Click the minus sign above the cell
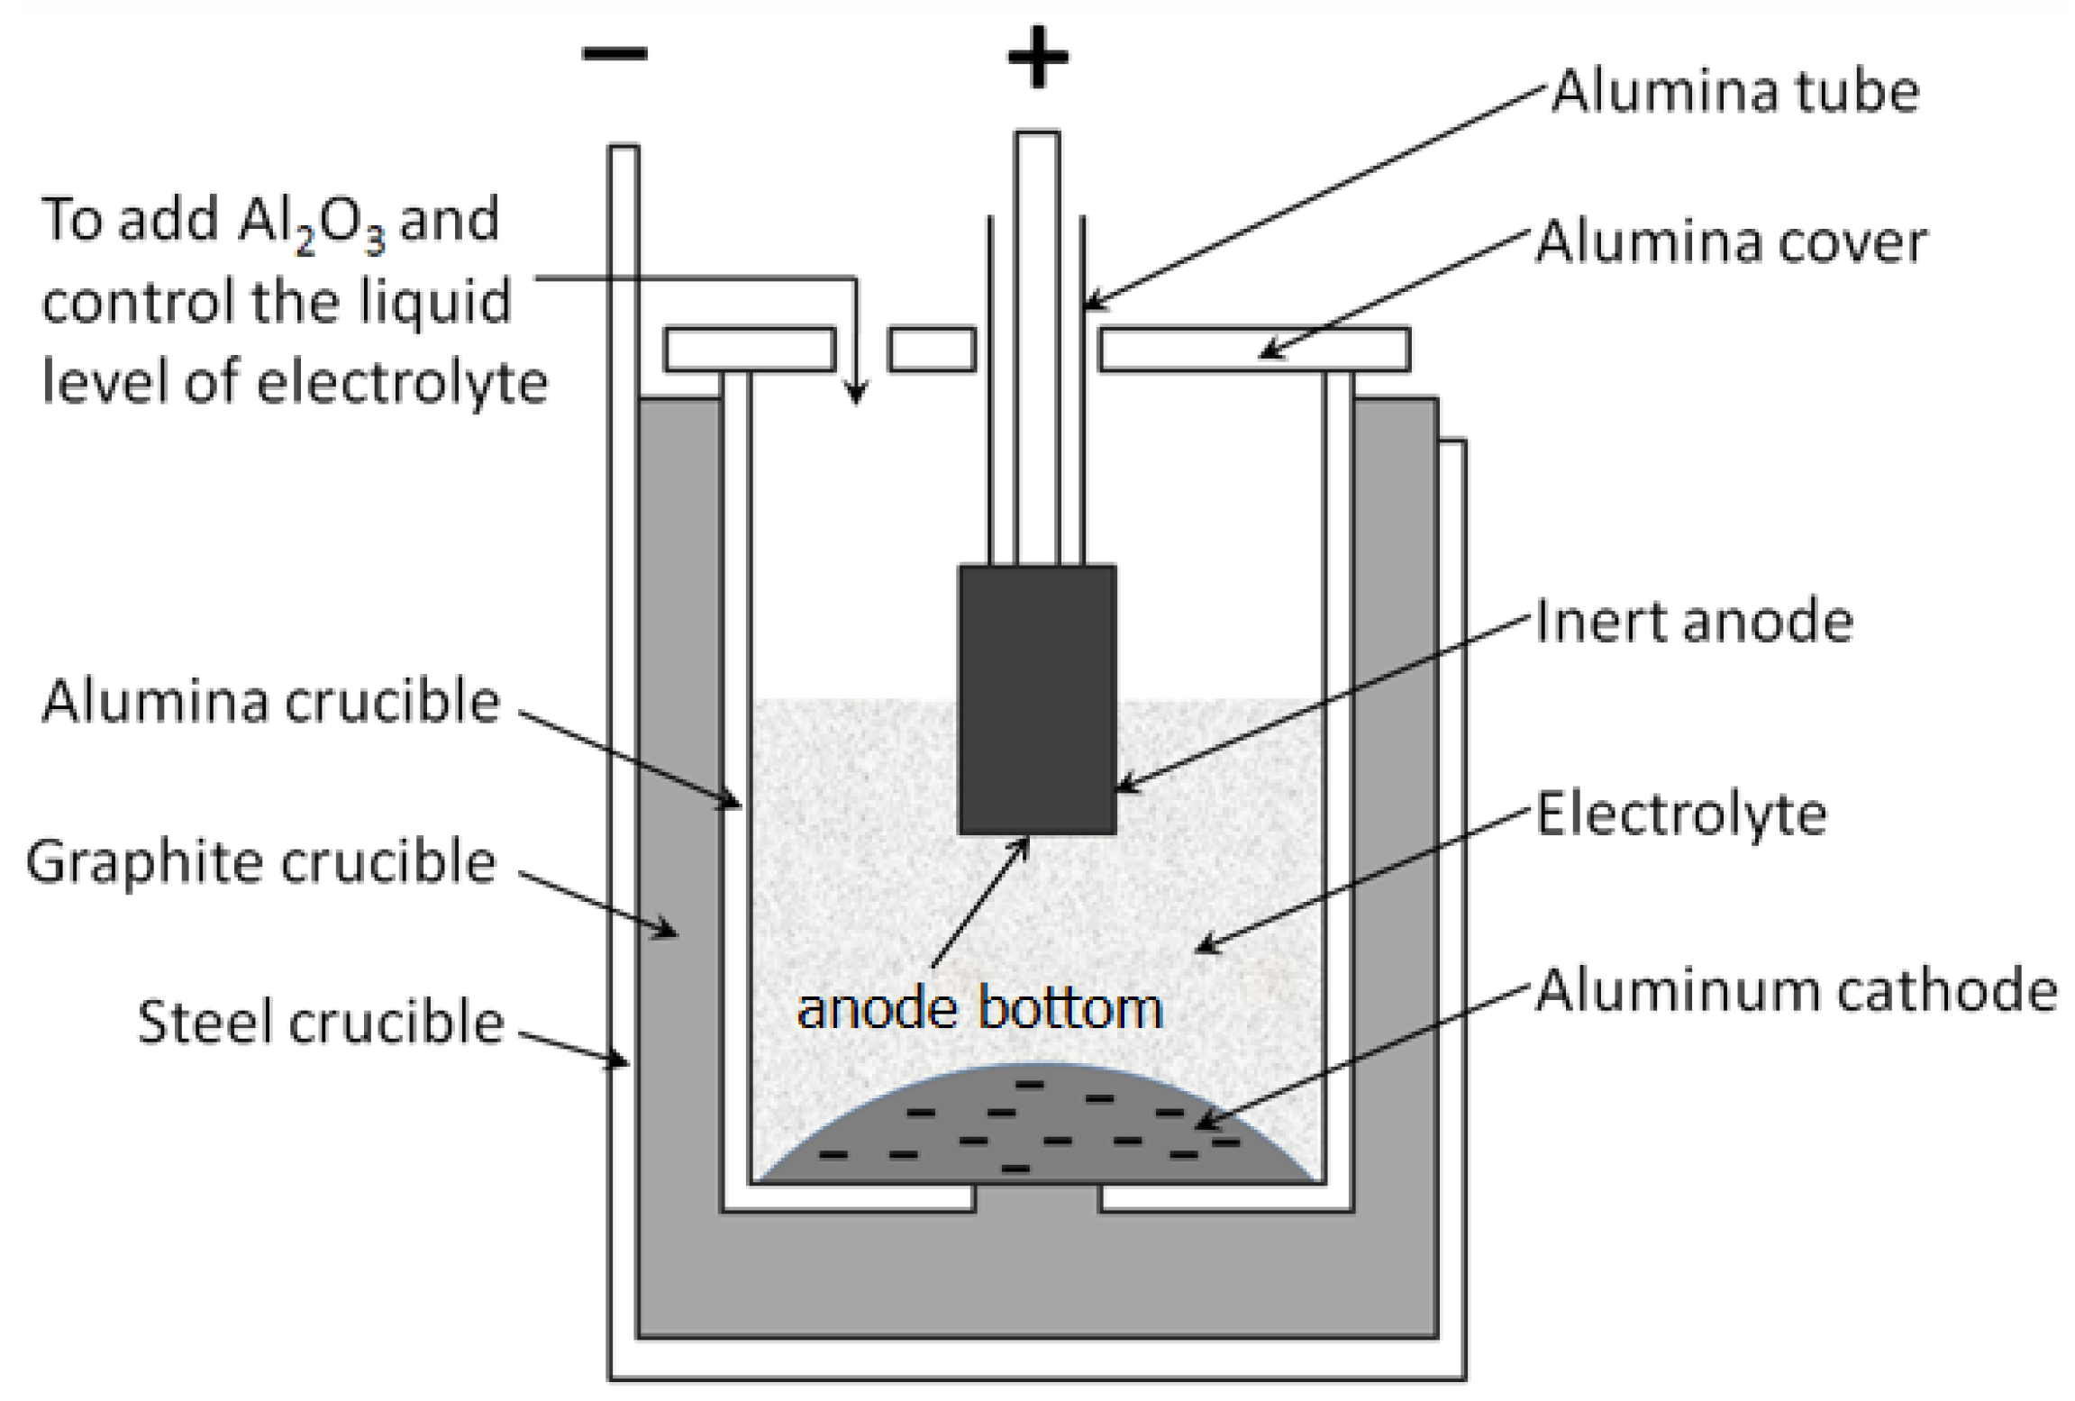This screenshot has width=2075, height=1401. pyautogui.click(x=614, y=53)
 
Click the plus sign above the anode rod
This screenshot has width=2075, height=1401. pyautogui.click(x=1037, y=57)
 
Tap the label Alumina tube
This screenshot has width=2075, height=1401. pyautogui.click(x=1734, y=92)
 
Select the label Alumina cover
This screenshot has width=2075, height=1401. pyautogui.click(x=1731, y=242)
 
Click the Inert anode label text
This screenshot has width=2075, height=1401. pyautogui.click(x=1694, y=622)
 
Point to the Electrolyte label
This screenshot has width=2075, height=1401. pyautogui.click(x=1681, y=814)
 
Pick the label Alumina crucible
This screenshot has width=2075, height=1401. pyautogui.click(x=270, y=702)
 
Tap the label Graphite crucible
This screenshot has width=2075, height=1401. pyautogui.click(x=261, y=862)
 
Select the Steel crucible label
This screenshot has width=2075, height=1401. pyautogui.click(x=320, y=1023)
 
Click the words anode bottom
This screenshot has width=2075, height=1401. pyautogui.click(x=979, y=1008)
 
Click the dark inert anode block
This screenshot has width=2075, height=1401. pyautogui.click(x=1037, y=698)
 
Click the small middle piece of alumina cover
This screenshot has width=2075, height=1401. pyautogui.click(x=932, y=350)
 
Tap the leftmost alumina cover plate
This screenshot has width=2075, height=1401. pyautogui.click(x=750, y=350)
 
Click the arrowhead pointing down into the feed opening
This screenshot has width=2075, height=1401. pyautogui.click(x=856, y=393)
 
